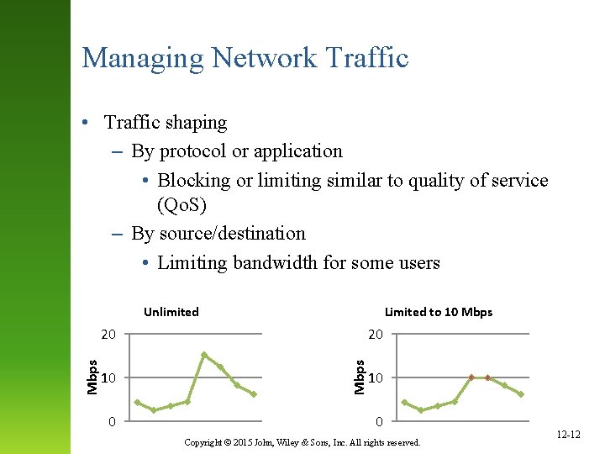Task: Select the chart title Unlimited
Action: (171, 312)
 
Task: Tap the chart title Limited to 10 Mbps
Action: (439, 312)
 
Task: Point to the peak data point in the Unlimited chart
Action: (204, 355)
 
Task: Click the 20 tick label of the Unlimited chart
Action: (108, 335)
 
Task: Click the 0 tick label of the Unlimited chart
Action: (112, 420)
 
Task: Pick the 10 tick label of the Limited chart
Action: (376, 377)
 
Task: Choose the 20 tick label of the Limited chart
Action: (376, 335)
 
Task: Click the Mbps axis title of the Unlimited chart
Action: (92, 376)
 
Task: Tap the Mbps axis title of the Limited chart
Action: (360, 376)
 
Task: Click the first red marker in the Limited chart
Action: (471, 377)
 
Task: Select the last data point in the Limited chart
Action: (521, 394)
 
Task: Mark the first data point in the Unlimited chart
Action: (138, 402)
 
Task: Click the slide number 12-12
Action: (569, 435)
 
